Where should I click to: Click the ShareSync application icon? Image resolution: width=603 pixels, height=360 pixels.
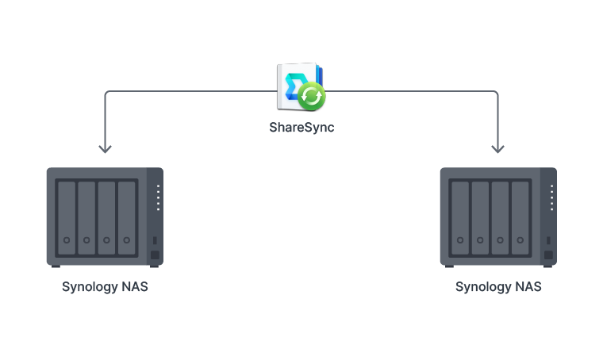point(299,87)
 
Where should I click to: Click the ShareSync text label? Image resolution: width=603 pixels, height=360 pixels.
point(301,127)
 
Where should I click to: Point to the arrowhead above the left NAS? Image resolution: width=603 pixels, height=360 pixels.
point(105,147)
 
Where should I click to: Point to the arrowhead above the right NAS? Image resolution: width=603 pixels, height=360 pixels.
point(498,147)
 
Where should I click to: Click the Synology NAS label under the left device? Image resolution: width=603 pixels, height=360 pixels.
point(105,287)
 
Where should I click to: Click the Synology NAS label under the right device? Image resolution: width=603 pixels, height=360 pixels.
point(498,287)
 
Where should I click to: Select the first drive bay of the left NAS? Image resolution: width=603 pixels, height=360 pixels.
point(66,218)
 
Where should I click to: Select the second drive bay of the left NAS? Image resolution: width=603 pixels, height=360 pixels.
point(86,218)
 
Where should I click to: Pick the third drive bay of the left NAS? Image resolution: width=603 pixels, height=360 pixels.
point(106,218)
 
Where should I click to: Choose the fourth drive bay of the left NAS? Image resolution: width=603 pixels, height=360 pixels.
point(127,218)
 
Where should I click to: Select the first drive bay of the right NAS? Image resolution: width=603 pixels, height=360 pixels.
point(459,218)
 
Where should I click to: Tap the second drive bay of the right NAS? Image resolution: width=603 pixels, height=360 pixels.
point(480,218)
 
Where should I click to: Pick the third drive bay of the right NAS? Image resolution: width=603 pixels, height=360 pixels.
point(500,218)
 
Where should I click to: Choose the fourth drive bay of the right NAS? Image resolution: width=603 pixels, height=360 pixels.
point(520,218)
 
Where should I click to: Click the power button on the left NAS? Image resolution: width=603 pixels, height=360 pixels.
point(155,255)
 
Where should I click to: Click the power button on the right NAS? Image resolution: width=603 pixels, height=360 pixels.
point(548,255)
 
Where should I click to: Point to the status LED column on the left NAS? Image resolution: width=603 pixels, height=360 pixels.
point(158,198)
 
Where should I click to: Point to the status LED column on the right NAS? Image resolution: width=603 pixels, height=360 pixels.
point(551,198)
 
